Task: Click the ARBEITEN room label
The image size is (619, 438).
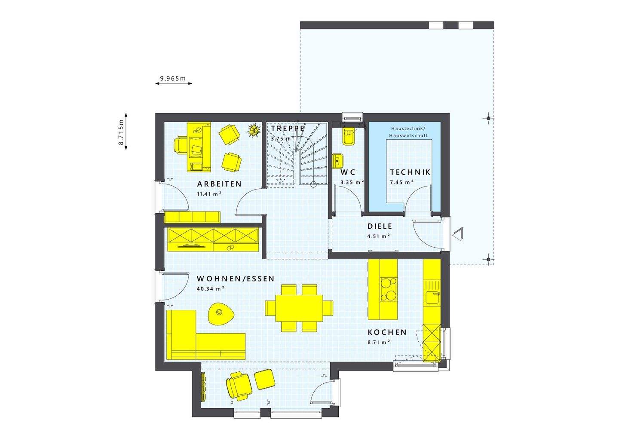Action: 219,184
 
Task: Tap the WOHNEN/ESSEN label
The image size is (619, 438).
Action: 235,279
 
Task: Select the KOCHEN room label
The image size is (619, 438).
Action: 387,332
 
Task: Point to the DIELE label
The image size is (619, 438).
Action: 380,226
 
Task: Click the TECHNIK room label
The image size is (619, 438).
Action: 410,172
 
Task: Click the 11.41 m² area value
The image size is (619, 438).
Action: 209,194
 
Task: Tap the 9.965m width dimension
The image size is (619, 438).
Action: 173,78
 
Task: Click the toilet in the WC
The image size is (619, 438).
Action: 347,136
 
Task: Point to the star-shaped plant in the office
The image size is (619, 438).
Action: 254,130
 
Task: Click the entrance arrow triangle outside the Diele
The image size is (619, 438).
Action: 457,235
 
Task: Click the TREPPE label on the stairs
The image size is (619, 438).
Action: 288,128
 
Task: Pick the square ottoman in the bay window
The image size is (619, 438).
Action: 264,380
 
